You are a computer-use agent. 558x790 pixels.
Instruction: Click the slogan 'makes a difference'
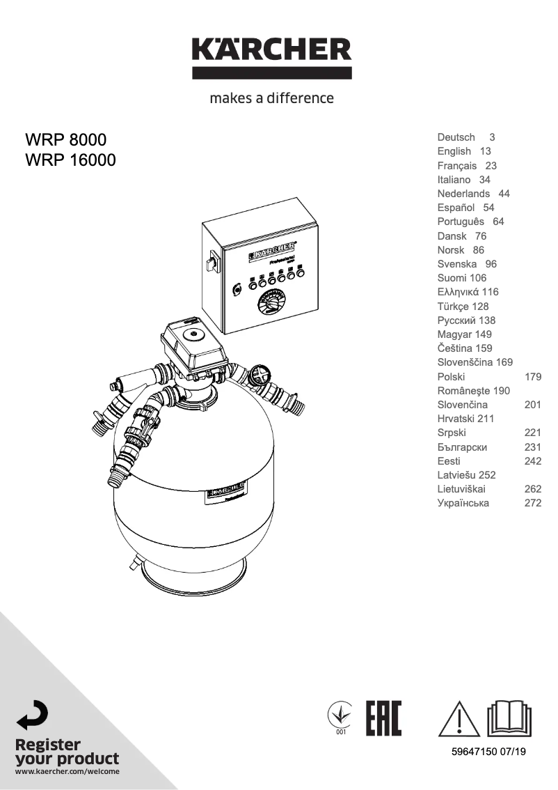tap(271, 98)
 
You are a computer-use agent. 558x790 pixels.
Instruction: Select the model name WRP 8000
tap(65, 139)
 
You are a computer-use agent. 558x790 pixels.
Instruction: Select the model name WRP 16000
tap(70, 160)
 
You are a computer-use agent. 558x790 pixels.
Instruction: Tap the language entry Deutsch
tap(456, 137)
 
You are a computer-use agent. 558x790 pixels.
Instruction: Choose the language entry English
tap(454, 151)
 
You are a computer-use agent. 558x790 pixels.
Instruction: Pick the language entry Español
tap(456, 208)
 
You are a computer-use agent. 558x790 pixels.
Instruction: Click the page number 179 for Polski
tap(532, 376)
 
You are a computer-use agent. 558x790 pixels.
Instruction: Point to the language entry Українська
tap(463, 503)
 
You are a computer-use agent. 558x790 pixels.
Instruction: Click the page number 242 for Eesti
tap(532, 461)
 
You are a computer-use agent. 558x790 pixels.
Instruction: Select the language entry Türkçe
tap(454, 306)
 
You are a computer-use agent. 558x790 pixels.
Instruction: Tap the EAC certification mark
tap(383, 718)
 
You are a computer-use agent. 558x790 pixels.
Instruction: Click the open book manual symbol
tap(509, 718)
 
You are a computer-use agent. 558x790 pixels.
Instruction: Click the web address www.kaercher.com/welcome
tap(67, 771)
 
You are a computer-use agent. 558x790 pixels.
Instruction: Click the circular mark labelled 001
tap(341, 715)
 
